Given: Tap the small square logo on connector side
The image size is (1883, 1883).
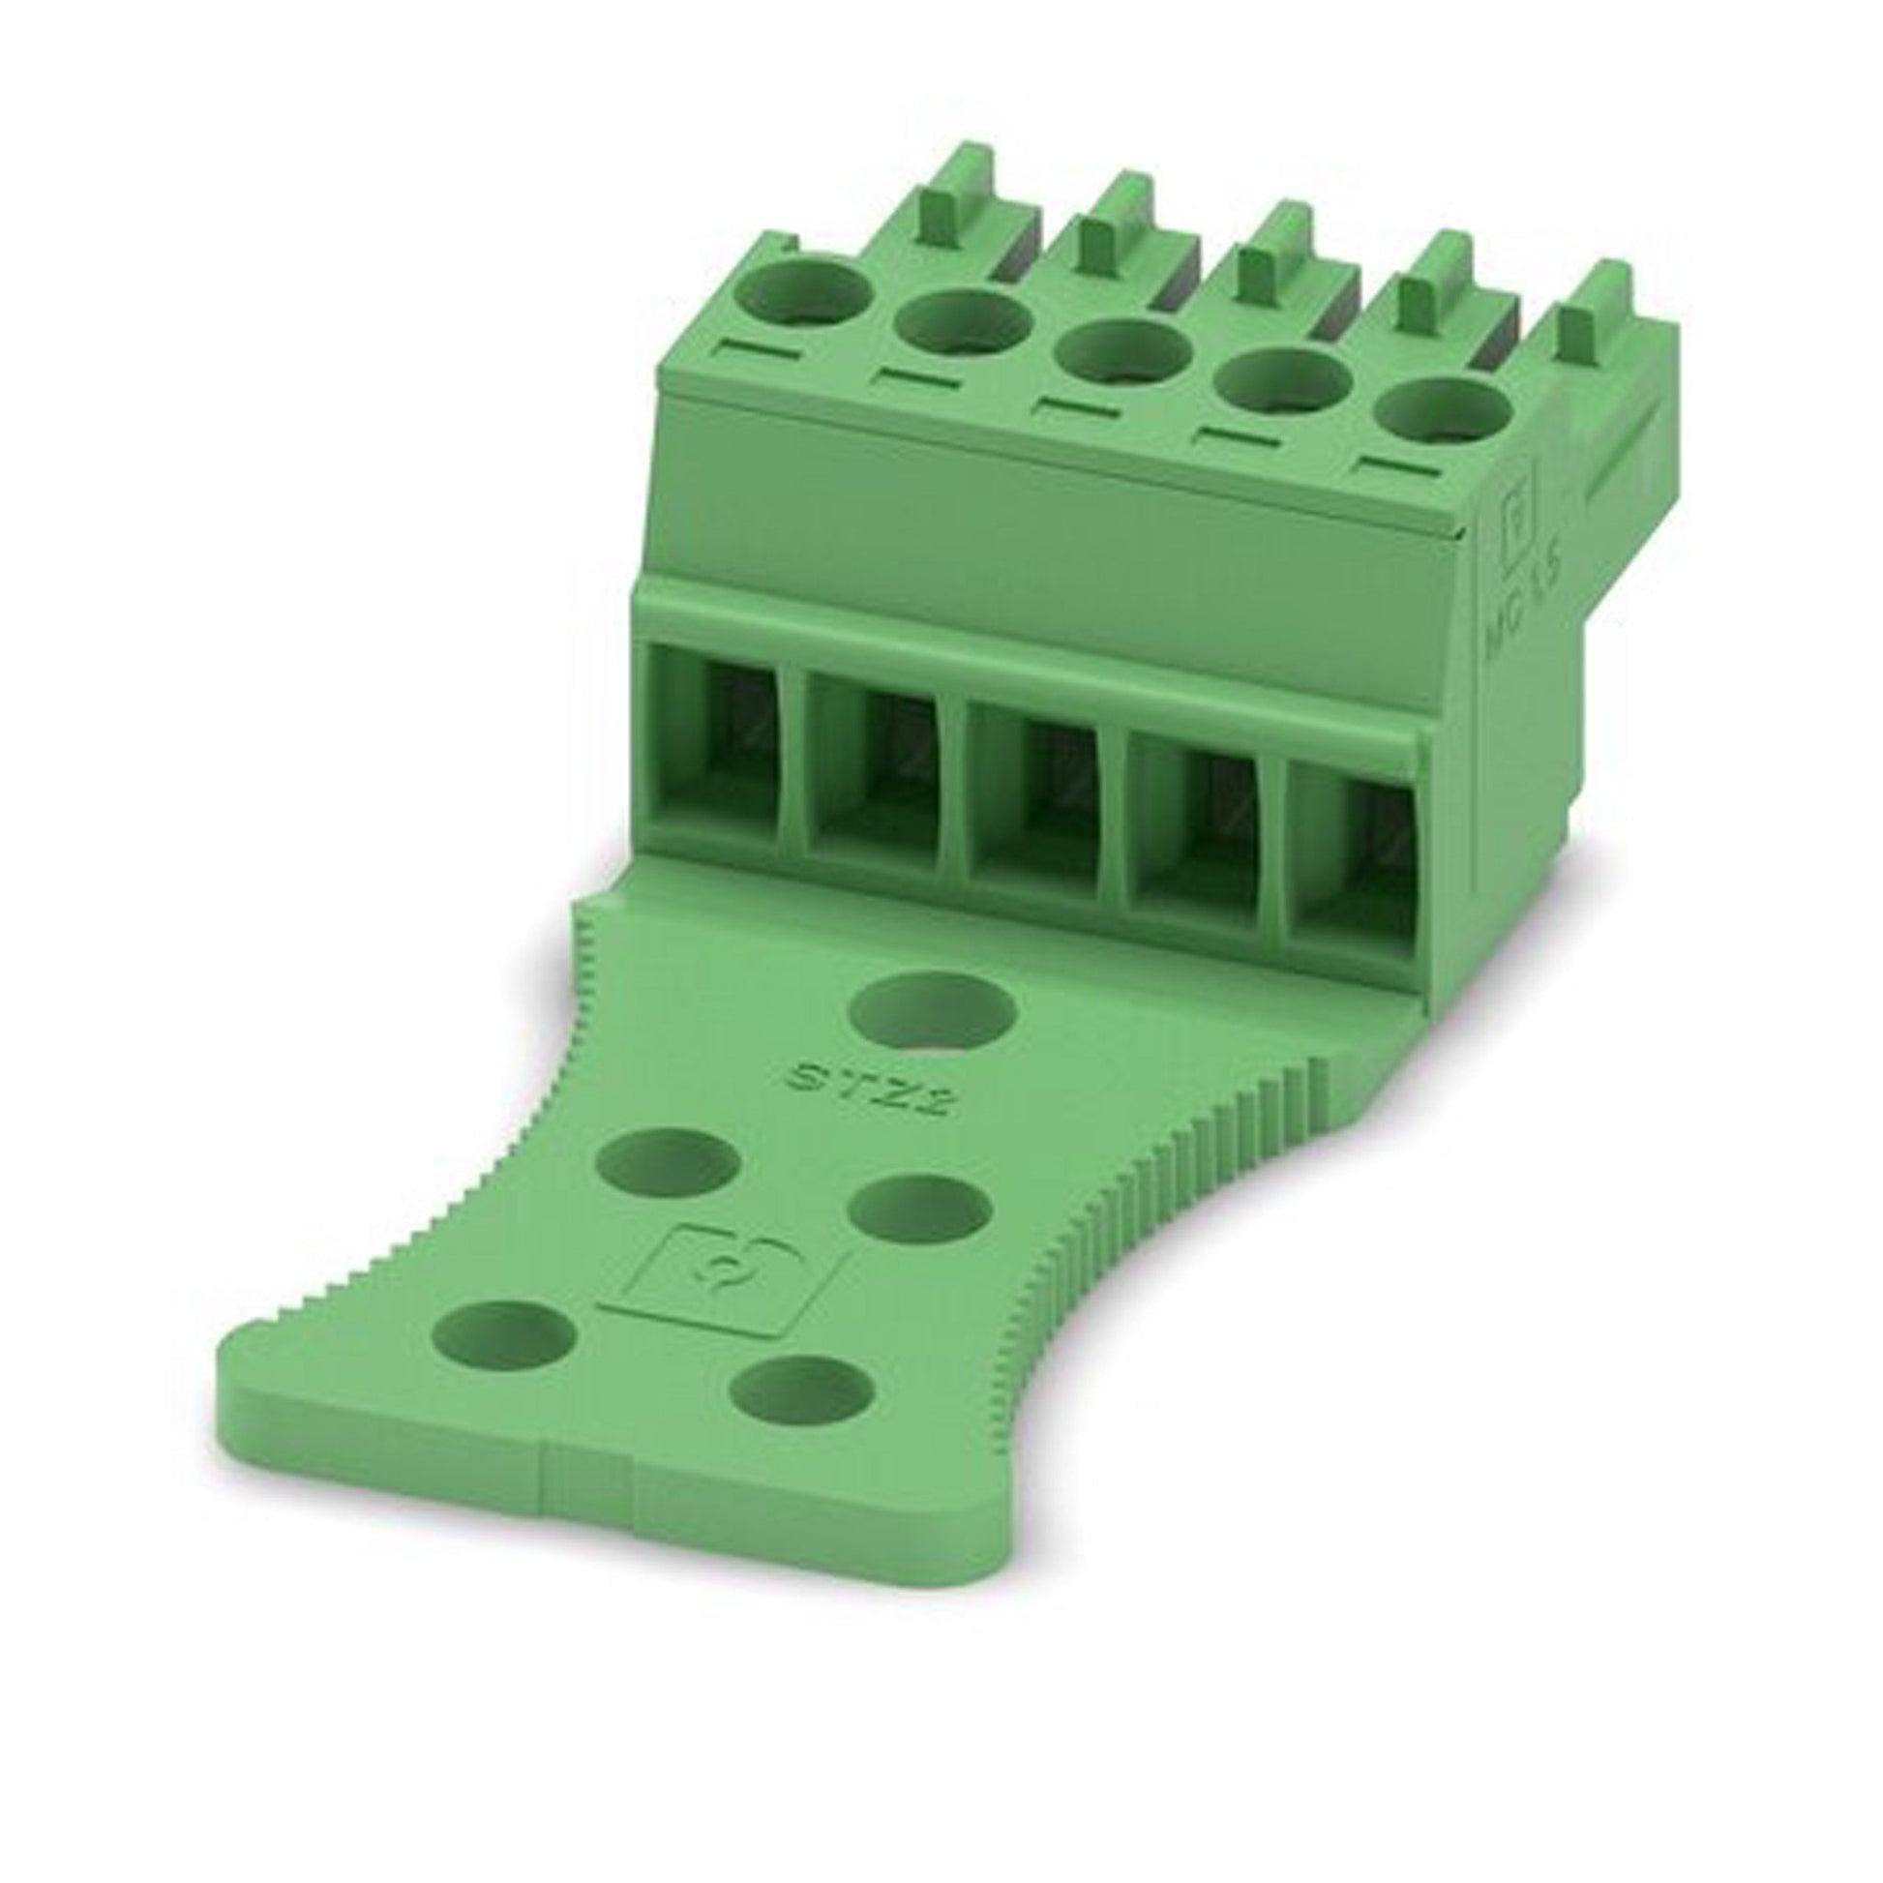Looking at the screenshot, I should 1518,523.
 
